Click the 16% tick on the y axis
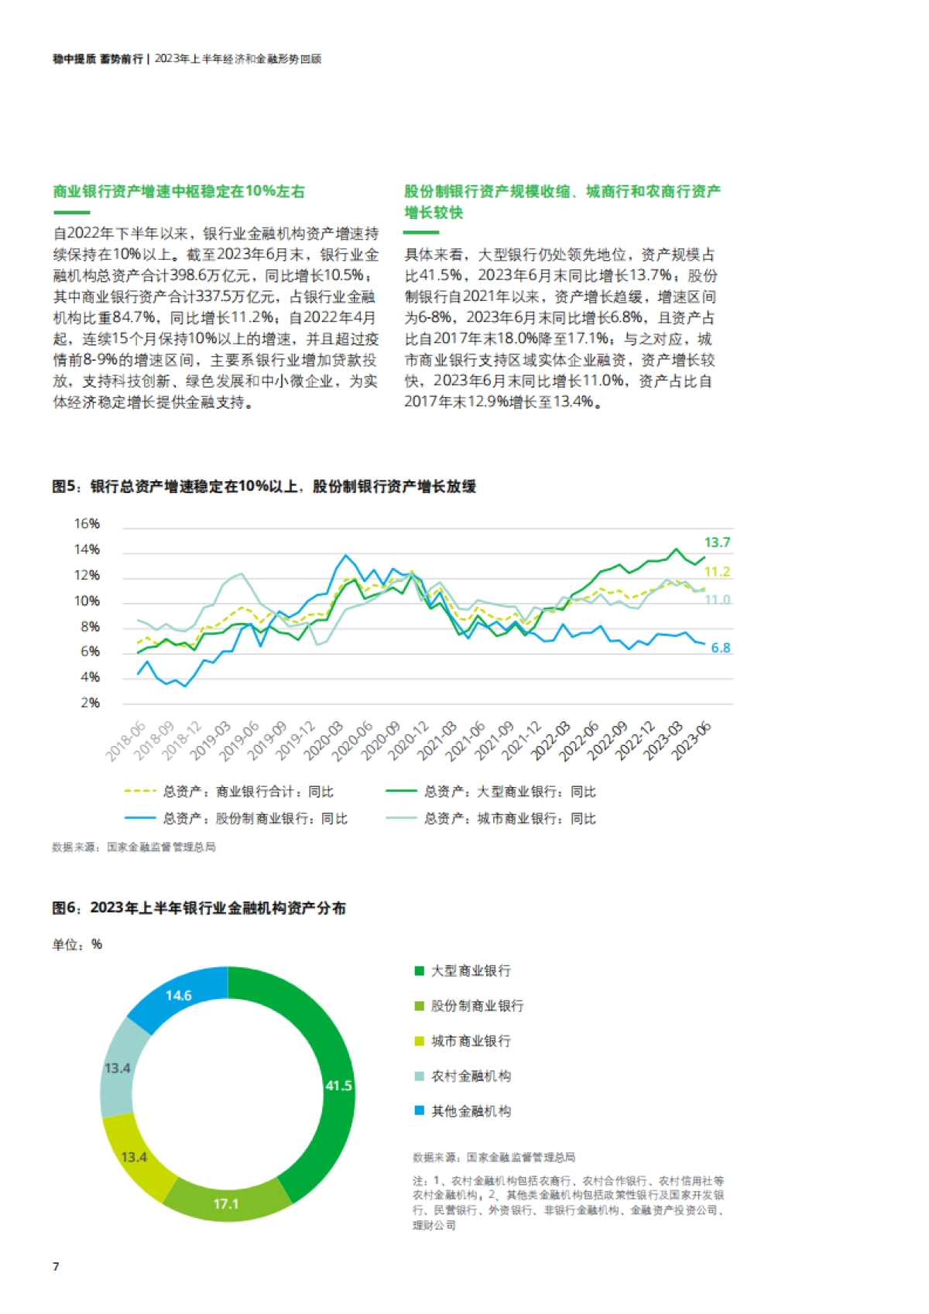87,524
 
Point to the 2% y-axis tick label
90,703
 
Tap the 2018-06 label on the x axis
126,741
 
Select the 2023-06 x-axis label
692,741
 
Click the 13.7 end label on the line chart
717,542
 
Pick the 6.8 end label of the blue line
721,648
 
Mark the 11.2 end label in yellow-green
717,572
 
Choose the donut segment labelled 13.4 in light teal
118,1069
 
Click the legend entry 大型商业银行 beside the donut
470,970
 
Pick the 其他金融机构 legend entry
470,1111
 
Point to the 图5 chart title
264,487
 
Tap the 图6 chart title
199,908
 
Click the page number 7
56,1267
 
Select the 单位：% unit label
77,945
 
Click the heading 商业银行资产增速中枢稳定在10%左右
179,191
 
